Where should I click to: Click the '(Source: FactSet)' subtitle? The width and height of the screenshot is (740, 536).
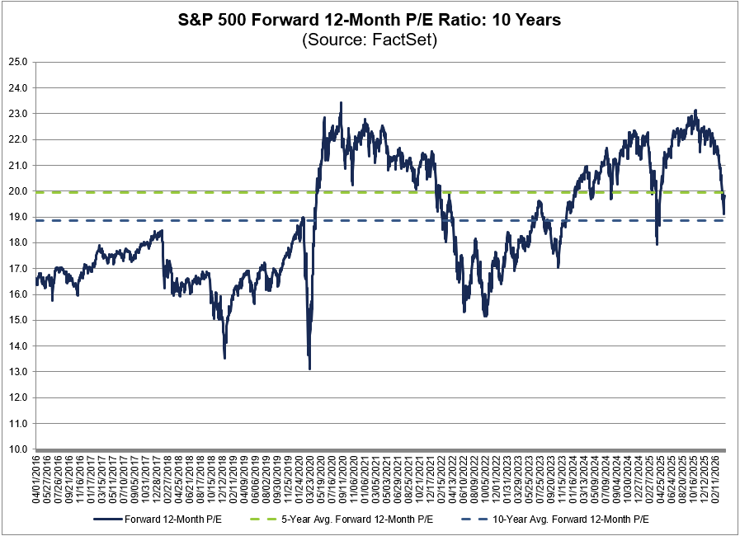point(370,40)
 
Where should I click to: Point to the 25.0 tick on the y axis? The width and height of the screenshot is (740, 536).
point(18,62)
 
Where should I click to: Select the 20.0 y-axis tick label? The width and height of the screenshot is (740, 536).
point(18,191)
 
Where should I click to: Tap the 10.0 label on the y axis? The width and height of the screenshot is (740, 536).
point(18,449)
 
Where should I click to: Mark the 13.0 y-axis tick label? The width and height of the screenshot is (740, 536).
point(18,372)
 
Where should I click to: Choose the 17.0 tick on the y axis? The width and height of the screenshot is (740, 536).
point(18,269)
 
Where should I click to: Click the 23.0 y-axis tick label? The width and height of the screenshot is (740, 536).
point(18,114)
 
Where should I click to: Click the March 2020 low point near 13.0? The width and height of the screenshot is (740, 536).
point(309,369)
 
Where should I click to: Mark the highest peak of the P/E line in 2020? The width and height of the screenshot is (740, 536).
point(342,103)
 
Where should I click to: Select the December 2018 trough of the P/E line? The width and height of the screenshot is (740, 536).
point(224,357)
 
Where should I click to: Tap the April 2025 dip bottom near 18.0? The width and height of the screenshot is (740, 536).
point(657,244)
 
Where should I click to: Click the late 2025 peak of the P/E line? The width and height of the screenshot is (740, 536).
point(695,110)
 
